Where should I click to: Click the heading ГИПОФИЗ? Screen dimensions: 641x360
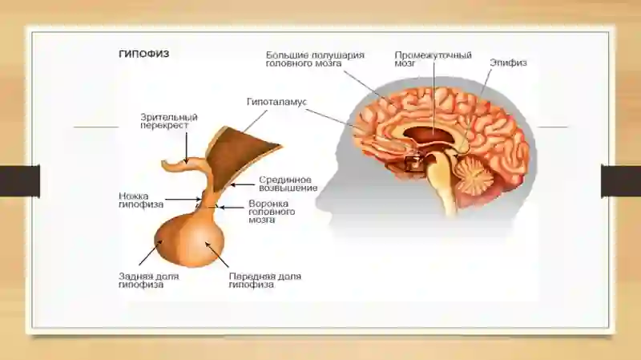144,54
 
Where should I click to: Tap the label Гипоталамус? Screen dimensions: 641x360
276,102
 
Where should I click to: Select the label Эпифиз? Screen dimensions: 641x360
508,63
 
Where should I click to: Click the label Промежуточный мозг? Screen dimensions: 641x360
433,59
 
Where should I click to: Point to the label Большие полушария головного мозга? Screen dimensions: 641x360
315,59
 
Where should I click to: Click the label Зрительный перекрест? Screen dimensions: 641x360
169,121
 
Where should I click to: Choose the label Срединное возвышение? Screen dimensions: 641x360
288,184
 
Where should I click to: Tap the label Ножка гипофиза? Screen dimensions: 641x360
141,200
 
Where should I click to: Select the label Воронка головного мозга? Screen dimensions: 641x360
272,212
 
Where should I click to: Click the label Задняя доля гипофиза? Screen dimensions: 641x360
149,281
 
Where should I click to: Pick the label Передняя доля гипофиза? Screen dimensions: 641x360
265,281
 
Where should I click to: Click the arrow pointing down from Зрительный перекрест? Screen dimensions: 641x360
187,148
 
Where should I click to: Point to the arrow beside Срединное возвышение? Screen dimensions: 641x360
242,185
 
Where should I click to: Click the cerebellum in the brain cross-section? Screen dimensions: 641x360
474,176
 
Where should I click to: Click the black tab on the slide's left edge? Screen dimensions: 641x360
19,181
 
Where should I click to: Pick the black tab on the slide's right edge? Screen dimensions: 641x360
621,181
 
